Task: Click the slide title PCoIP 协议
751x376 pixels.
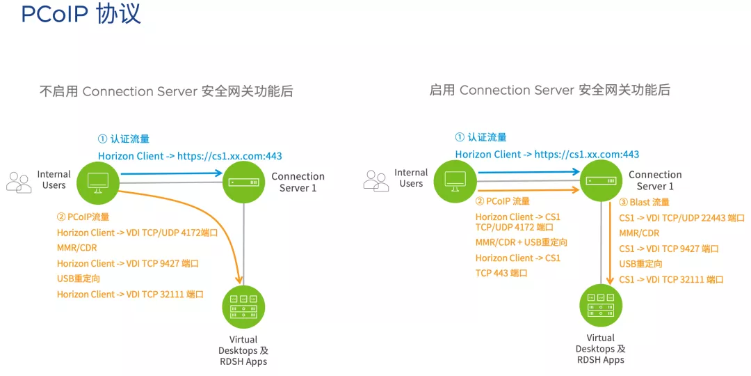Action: [x=81, y=15]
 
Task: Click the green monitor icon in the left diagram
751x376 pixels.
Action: [x=98, y=182]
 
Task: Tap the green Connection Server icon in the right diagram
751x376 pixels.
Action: [x=601, y=181]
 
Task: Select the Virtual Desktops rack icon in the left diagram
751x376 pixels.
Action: [x=244, y=306]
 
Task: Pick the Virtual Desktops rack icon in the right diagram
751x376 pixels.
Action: [x=601, y=306]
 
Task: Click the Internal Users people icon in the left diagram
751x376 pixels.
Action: [x=19, y=182]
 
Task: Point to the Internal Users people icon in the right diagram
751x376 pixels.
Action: [x=376, y=181]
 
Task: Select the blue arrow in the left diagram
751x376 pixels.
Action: [x=172, y=173]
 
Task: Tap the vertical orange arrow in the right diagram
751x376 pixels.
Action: [x=611, y=244]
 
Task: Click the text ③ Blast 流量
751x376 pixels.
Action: [x=644, y=203]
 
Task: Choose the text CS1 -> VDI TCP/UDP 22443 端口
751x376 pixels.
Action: [x=682, y=218]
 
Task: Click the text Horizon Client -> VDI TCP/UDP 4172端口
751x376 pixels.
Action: [x=138, y=233]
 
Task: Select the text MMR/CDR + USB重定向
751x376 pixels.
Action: [x=522, y=242]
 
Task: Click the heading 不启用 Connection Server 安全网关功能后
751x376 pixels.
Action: [x=166, y=91]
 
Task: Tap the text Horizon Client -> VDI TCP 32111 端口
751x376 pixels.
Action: [x=130, y=294]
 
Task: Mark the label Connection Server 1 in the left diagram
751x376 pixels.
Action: [x=298, y=182]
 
